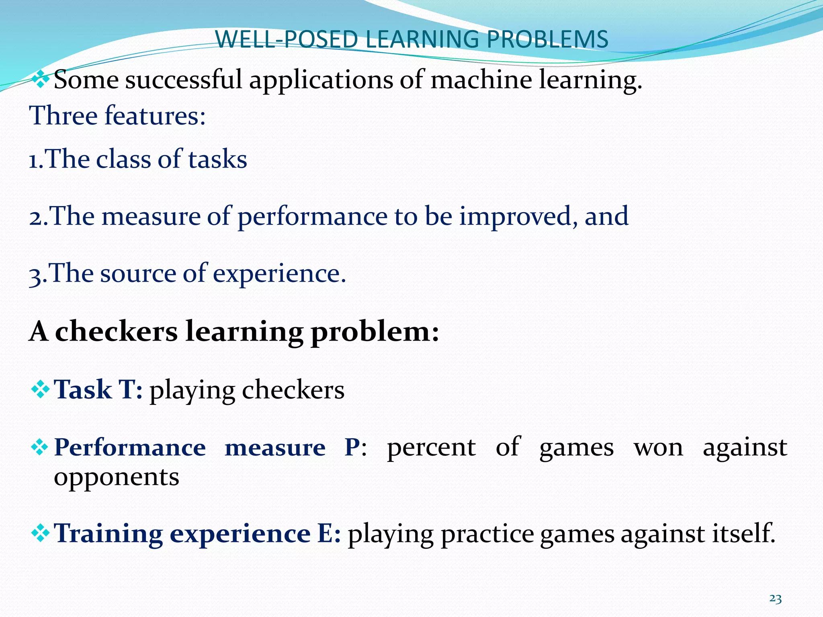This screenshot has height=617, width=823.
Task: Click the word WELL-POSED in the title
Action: pos(286,39)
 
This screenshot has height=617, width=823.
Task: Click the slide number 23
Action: pos(775,599)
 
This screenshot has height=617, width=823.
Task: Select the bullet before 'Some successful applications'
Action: pos(40,79)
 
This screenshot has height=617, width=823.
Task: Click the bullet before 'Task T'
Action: pos(40,389)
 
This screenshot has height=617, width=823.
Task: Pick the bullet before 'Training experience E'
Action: pos(40,533)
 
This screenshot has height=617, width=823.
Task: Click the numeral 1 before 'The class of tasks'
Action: pos(34,160)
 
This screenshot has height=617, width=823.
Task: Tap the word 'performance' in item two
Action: pos(312,217)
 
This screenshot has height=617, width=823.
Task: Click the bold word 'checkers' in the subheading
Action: pos(116,332)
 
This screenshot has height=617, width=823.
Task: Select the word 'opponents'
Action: pos(117,477)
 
